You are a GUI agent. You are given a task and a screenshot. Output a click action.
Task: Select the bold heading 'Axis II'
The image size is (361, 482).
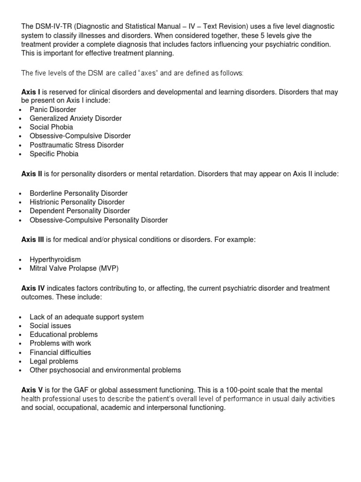(x=32, y=174)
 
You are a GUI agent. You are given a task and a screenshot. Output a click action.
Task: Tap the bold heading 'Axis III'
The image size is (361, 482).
(x=33, y=240)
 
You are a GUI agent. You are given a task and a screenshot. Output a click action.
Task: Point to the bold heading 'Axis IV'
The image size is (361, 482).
(x=33, y=288)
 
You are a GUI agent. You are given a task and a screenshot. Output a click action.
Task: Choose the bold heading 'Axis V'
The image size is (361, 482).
(x=32, y=390)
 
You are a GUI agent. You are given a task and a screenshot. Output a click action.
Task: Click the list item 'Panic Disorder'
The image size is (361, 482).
(x=53, y=110)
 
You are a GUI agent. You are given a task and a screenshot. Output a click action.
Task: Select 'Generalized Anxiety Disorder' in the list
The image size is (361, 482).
(x=76, y=119)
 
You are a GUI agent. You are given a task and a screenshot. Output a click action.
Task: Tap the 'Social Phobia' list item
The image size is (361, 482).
(x=51, y=127)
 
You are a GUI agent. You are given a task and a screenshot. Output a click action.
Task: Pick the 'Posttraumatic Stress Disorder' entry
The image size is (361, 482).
(x=77, y=145)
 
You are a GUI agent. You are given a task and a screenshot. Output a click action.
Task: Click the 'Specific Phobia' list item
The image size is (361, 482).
(x=54, y=154)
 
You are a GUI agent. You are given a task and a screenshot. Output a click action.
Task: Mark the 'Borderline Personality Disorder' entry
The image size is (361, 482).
(x=78, y=193)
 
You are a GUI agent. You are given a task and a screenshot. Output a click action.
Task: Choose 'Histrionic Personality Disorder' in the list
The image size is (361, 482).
(x=77, y=202)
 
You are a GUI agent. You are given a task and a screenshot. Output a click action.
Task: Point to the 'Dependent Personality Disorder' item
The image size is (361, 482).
(x=80, y=211)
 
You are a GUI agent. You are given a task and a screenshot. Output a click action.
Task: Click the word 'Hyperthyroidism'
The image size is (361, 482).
(x=55, y=260)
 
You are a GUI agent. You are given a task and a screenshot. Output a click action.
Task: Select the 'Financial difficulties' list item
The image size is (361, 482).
(x=60, y=353)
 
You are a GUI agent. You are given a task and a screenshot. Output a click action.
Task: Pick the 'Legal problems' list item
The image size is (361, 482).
(x=54, y=361)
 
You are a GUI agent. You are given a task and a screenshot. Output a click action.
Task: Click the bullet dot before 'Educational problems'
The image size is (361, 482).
(x=21, y=335)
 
